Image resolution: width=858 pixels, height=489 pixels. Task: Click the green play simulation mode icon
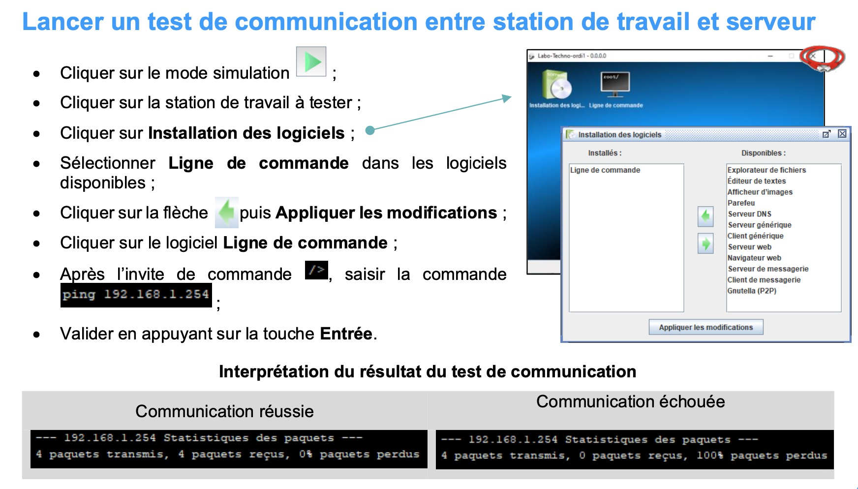pyautogui.click(x=311, y=61)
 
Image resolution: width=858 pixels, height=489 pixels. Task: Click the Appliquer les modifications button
pyautogui.click(x=706, y=327)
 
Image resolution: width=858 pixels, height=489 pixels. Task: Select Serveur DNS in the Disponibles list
pyautogui.click(x=749, y=214)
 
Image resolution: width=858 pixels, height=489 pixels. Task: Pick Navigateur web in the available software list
pyautogui.click(x=754, y=258)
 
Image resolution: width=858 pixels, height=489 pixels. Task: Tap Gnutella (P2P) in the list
pyautogui.click(x=752, y=291)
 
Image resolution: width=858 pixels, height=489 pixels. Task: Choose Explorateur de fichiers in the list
pyautogui.click(x=766, y=170)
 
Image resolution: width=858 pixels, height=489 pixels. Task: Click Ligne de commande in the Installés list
pyautogui.click(x=605, y=170)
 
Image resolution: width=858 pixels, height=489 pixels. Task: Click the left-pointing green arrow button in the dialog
pyautogui.click(x=705, y=216)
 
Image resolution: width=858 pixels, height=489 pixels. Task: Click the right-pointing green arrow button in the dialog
pyautogui.click(x=705, y=244)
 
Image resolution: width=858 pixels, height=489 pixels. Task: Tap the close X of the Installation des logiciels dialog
pyautogui.click(x=842, y=134)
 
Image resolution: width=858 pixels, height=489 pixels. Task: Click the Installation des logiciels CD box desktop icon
pyautogui.click(x=556, y=85)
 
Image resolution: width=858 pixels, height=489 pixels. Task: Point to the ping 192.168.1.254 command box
pyautogui.click(x=136, y=295)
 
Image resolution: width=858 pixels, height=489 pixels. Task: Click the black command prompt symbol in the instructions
pyautogui.click(x=316, y=270)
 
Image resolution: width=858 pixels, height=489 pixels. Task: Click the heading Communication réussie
pyautogui.click(x=224, y=411)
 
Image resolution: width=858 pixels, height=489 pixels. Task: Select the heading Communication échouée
pyautogui.click(x=630, y=401)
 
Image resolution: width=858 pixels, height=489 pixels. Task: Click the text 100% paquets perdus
pyautogui.click(x=762, y=456)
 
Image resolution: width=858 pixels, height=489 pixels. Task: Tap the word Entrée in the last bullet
pyautogui.click(x=346, y=334)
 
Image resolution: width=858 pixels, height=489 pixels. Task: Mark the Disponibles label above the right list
pyautogui.click(x=764, y=153)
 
